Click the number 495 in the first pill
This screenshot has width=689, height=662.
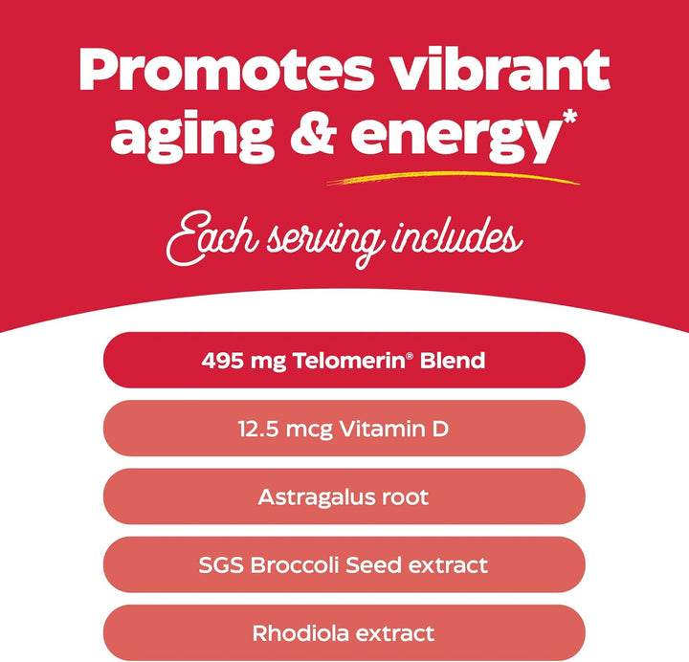click(220, 362)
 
